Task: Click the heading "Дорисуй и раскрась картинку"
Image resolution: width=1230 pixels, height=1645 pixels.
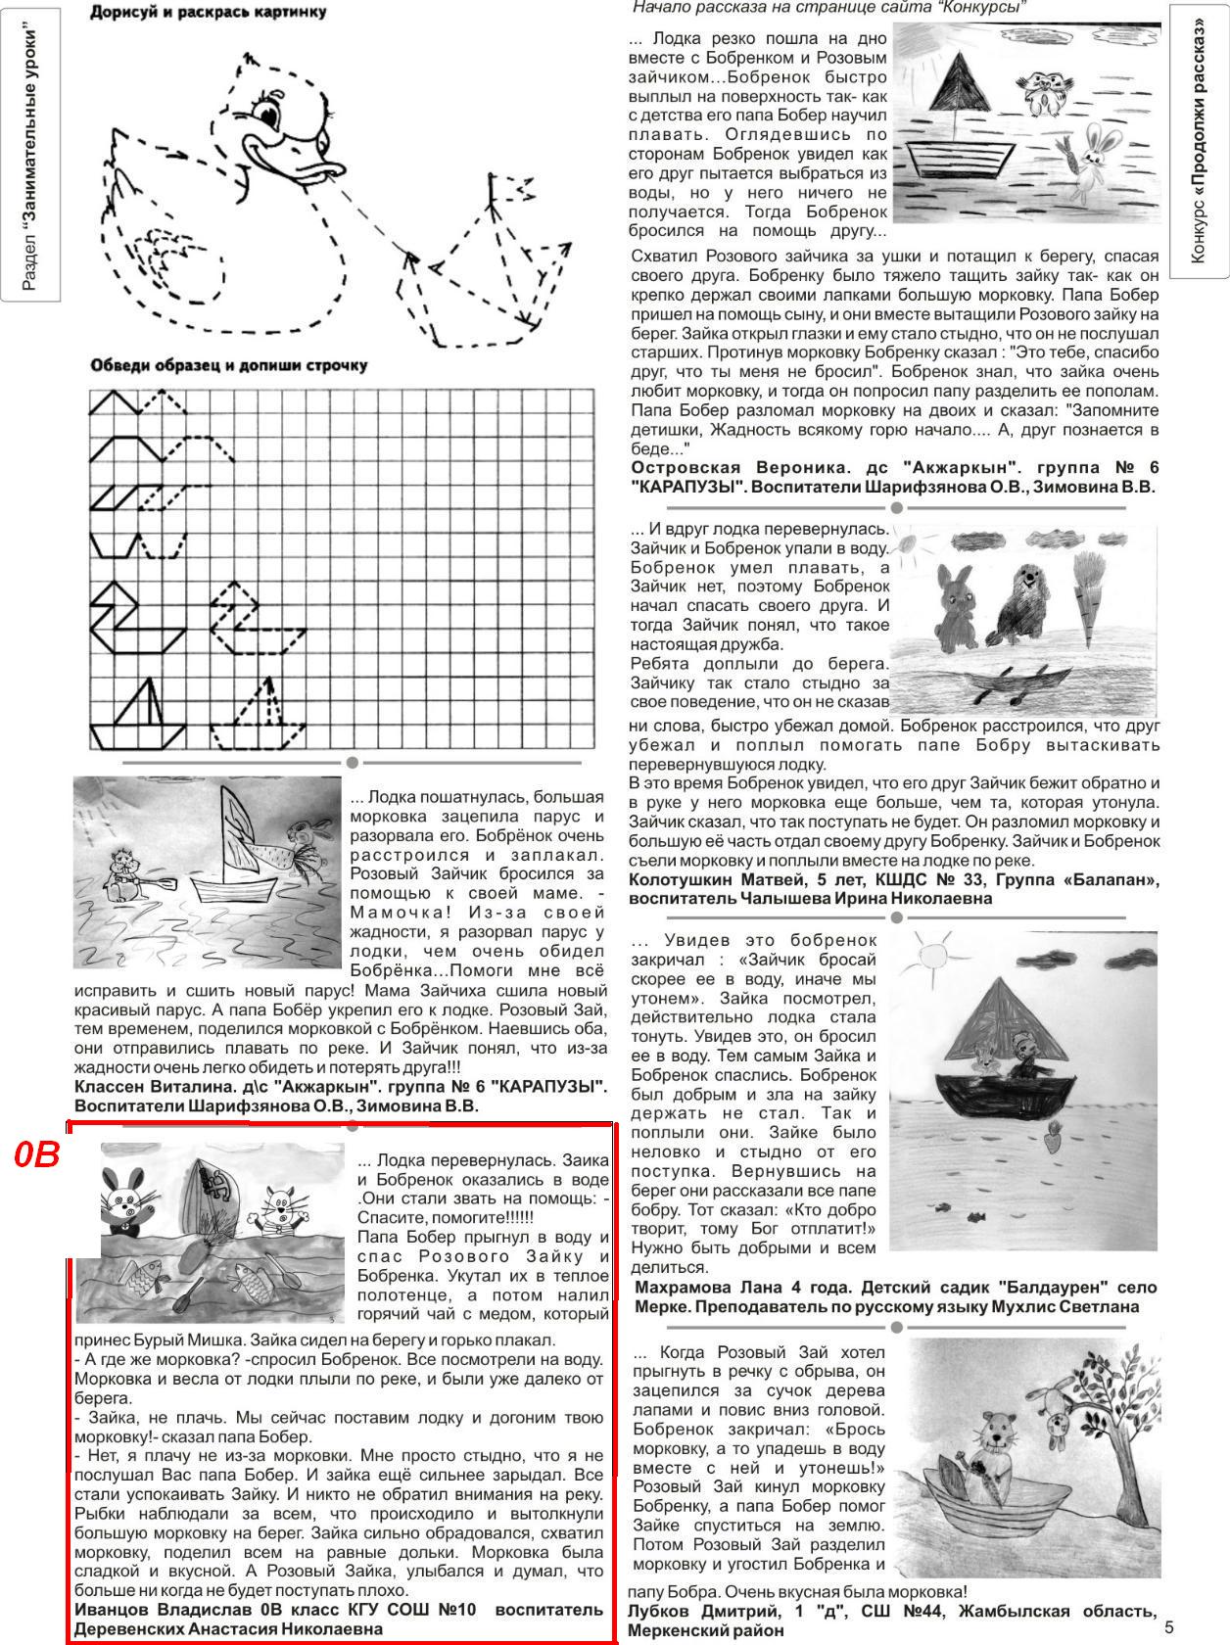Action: pos(208,13)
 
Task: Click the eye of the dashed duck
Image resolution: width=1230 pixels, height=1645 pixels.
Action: pos(266,114)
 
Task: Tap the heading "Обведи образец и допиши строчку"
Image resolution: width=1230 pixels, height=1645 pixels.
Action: pos(228,365)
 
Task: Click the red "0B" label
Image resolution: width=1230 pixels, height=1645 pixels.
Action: pos(37,1155)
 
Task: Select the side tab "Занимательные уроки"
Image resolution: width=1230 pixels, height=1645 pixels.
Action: pos(30,158)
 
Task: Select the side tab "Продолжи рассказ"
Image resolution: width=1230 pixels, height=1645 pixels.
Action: pos(1199,142)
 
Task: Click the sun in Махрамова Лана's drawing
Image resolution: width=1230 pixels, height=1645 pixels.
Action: pos(931,954)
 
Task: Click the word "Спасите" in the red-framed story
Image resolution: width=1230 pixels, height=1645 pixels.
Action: pos(389,1218)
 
